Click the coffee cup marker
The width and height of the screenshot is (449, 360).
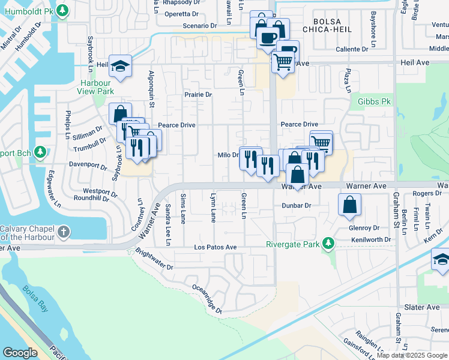pos(268,39)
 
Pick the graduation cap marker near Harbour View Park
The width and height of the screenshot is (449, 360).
pos(120,67)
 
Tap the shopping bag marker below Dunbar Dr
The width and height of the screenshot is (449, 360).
pos(349,206)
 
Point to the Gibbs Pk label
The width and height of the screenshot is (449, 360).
pos(374,102)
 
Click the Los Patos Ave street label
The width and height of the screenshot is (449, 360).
pos(215,247)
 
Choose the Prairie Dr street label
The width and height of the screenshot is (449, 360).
pos(198,95)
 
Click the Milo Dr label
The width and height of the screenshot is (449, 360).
pos(228,155)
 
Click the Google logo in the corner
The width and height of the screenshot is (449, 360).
pos(20,352)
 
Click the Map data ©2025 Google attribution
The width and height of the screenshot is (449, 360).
pos(412,355)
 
